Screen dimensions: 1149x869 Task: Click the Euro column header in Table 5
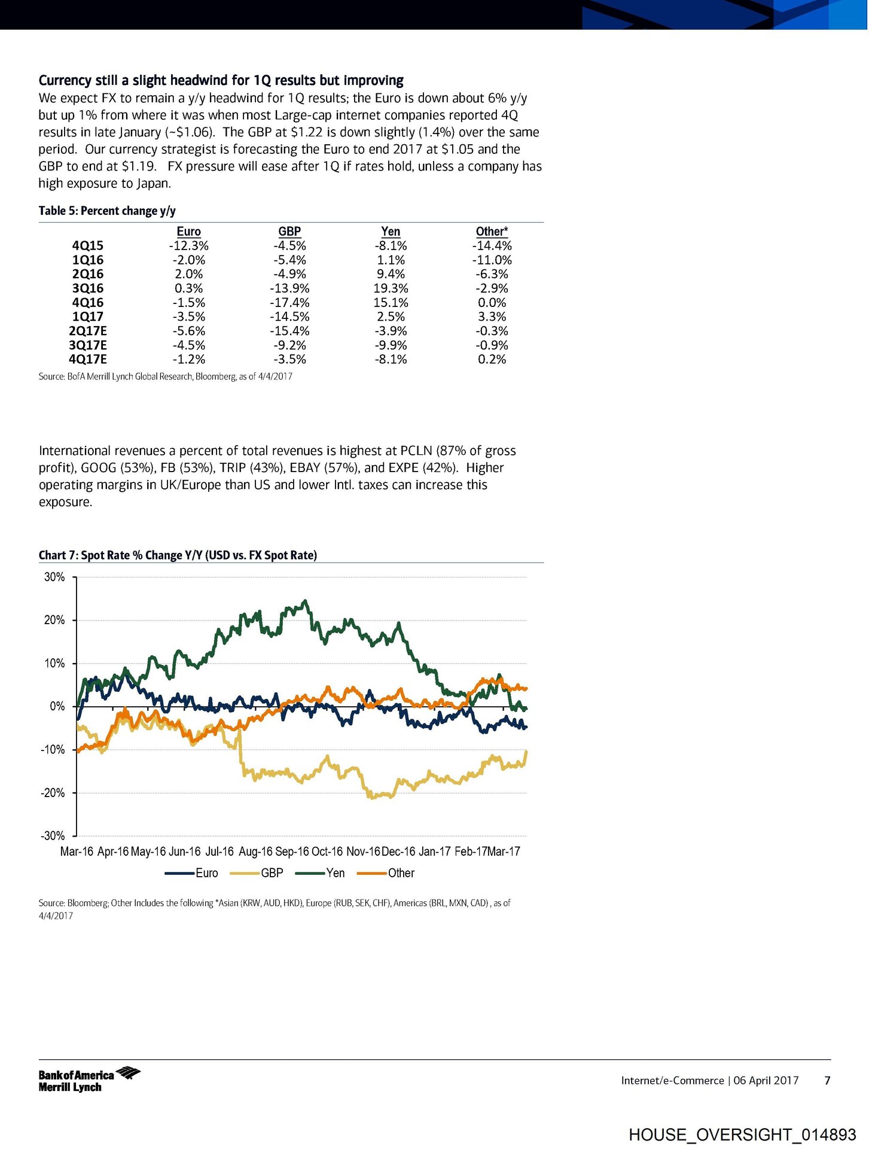tap(188, 232)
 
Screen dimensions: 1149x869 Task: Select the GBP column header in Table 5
tap(289, 232)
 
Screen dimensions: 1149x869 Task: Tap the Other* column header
tap(492, 232)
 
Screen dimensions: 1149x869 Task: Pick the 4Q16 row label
tap(87, 303)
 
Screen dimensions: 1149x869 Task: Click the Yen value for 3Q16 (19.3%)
tap(391, 288)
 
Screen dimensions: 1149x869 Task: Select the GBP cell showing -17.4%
tap(289, 303)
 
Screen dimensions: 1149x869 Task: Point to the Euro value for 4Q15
tap(188, 246)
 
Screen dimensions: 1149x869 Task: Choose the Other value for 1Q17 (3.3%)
tap(492, 317)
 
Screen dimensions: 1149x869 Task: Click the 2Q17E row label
tap(87, 331)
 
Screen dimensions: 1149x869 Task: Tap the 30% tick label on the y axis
tap(54, 577)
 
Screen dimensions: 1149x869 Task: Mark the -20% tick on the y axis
tap(53, 793)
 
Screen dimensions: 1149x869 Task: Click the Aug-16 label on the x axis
tap(255, 852)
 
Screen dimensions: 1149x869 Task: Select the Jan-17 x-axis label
tap(434, 852)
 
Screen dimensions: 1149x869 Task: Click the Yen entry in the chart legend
tap(335, 873)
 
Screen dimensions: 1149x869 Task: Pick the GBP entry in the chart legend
tap(272, 873)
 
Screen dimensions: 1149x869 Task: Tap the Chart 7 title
tap(178, 555)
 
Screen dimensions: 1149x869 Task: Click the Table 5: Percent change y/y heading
tap(107, 211)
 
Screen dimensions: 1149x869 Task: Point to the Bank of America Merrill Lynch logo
tap(89, 1080)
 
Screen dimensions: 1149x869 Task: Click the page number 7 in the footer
tap(828, 1080)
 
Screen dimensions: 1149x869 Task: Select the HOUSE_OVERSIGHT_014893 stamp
tap(742, 1135)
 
